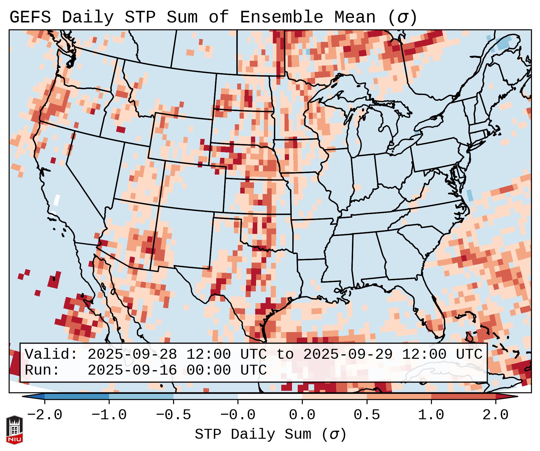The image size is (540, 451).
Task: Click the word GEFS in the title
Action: click(x=30, y=17)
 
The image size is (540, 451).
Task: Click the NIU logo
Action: click(x=14, y=430)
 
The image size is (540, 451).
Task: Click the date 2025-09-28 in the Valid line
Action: click(x=132, y=355)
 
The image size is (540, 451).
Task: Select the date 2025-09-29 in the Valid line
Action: click(x=348, y=355)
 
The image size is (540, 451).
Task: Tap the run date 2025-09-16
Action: click(x=132, y=370)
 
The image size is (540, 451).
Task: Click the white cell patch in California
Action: click(x=57, y=200)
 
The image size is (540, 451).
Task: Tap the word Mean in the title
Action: click(x=355, y=17)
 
